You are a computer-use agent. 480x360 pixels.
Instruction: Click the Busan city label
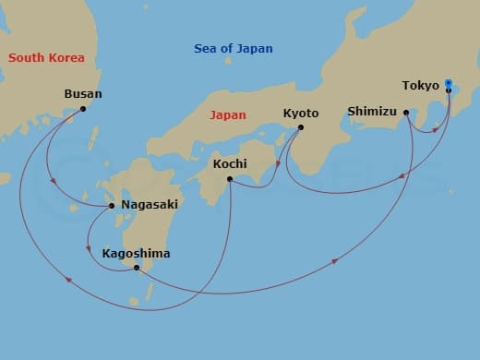(83, 94)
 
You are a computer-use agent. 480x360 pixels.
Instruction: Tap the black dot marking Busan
(83, 109)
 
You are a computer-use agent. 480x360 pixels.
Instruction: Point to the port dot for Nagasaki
(112, 205)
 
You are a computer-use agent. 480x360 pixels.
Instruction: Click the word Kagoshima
(138, 252)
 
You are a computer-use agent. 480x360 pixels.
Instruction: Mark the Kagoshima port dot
(137, 268)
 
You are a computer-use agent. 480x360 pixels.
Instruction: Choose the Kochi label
(230, 163)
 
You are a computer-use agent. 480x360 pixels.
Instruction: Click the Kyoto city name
(301, 113)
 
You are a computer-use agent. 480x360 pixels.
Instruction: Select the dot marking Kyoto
(301, 127)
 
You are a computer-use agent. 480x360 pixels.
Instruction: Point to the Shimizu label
(371, 112)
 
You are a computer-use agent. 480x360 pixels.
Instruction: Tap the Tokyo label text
(421, 86)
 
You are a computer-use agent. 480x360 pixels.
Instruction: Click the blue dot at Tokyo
(449, 82)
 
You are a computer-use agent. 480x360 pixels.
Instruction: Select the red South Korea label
(46, 58)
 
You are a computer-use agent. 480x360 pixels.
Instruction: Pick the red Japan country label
(227, 116)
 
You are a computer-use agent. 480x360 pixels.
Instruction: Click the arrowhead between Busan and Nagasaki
(52, 182)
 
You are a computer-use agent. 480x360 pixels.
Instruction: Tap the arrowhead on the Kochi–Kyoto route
(278, 167)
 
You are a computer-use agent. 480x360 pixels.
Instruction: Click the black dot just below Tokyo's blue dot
(449, 90)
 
